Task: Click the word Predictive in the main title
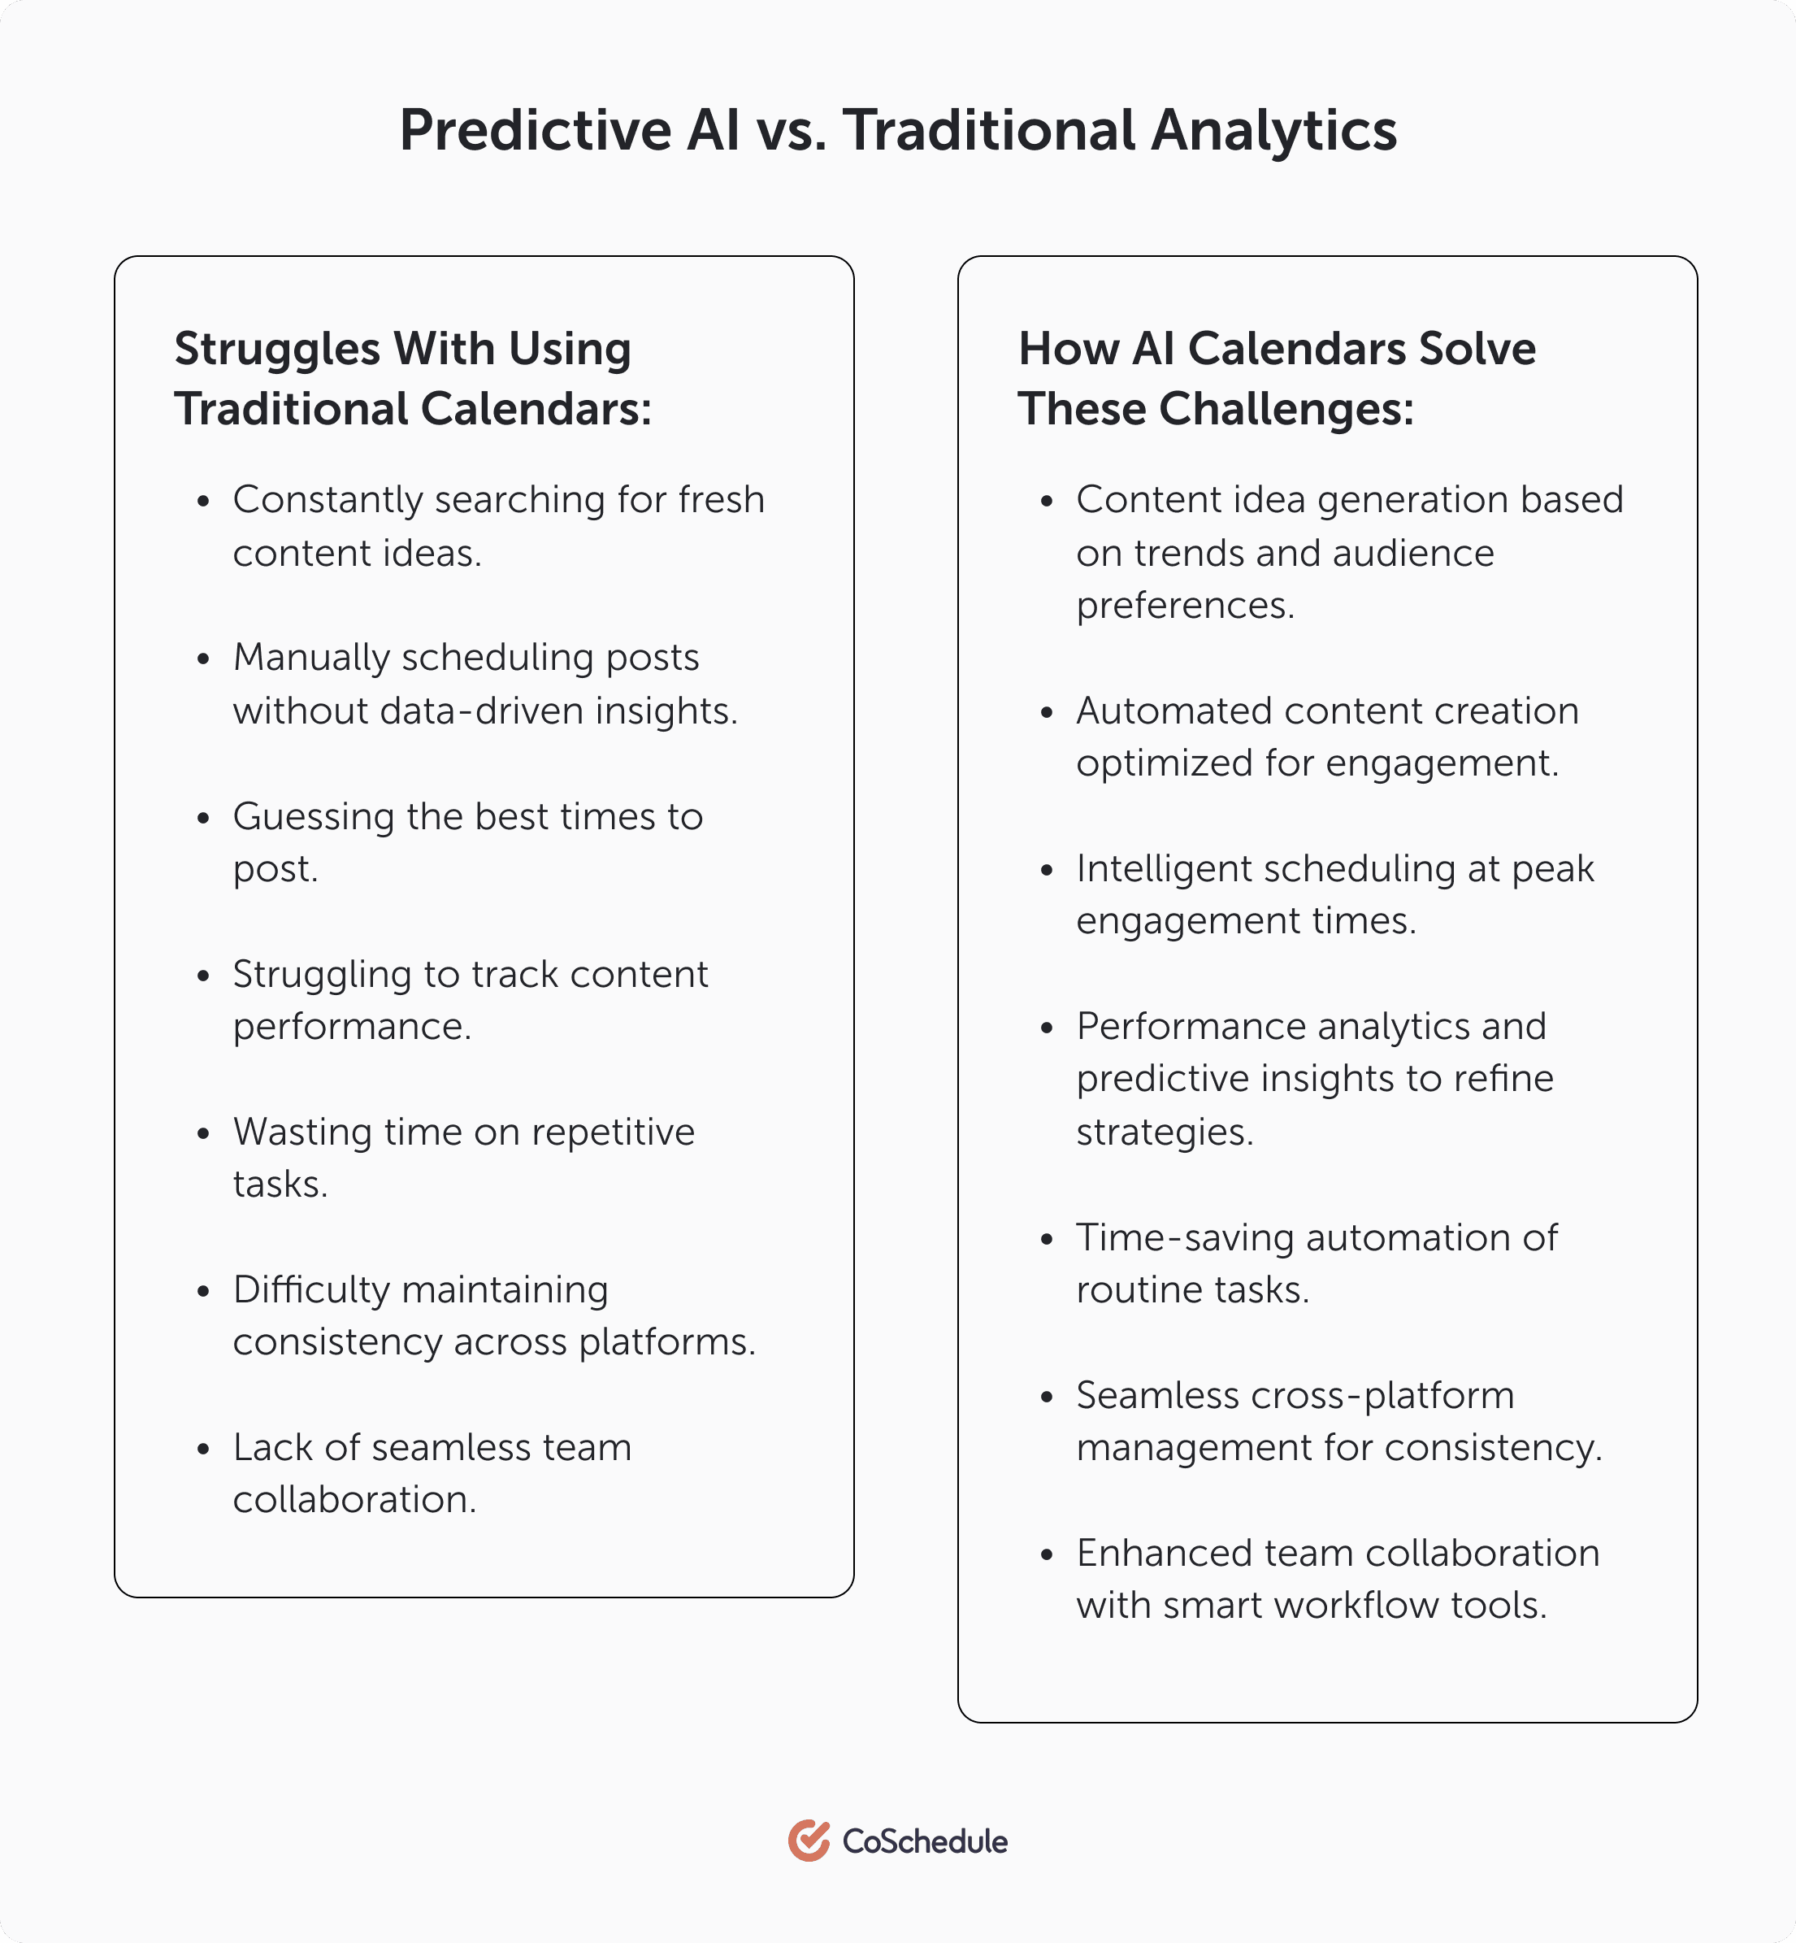pyautogui.click(x=536, y=130)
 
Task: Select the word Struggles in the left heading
pyautogui.click(x=277, y=350)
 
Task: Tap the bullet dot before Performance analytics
pyautogui.click(x=1047, y=1028)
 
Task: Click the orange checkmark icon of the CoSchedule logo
pyautogui.click(x=809, y=1840)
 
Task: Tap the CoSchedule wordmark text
pyautogui.click(x=924, y=1841)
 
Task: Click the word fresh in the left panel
pyautogui.click(x=721, y=501)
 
